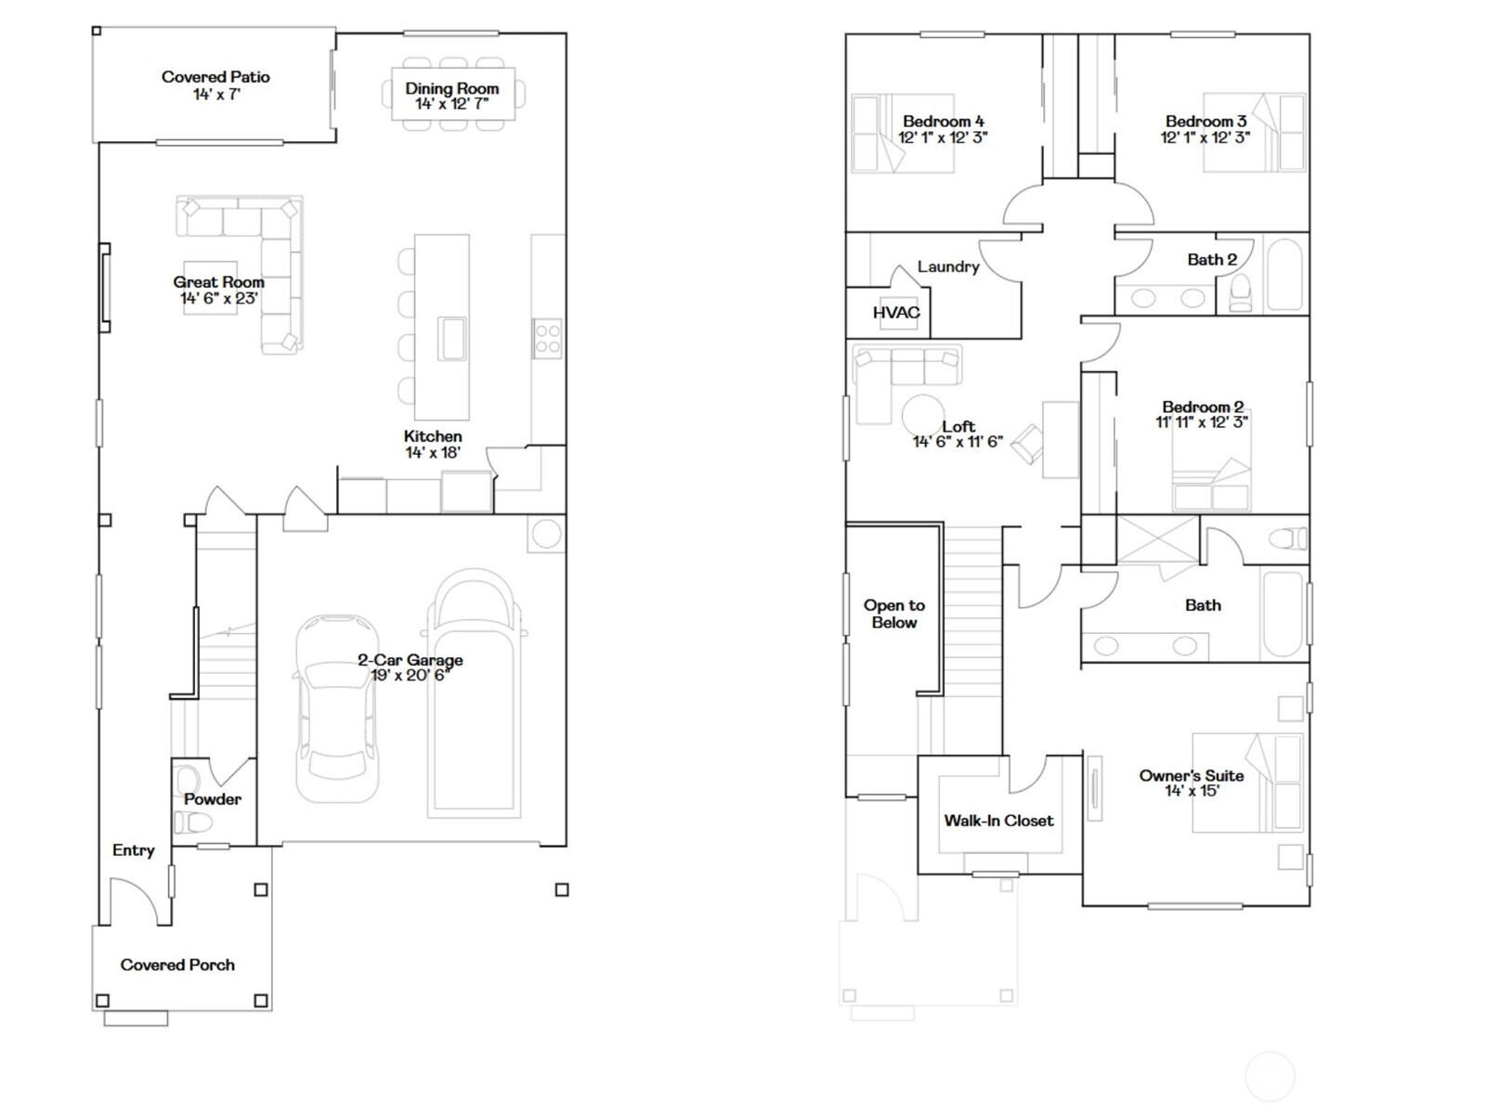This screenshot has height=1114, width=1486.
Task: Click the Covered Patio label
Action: pos(215,77)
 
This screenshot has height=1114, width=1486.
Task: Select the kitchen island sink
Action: pos(452,338)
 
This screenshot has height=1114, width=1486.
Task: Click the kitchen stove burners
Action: pos(547,338)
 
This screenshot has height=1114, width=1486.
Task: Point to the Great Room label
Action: pos(218,282)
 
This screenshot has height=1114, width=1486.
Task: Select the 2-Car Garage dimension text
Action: pos(410,676)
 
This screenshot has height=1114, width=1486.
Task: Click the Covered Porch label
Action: pos(177,965)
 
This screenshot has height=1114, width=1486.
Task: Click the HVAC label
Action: pos(896,313)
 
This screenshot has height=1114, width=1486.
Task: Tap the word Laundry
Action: pos(948,266)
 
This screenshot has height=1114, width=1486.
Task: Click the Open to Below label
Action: pos(893,614)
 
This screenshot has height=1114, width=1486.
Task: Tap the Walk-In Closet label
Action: pos(998,821)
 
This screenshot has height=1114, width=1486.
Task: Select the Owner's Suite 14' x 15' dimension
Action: pos(1192,791)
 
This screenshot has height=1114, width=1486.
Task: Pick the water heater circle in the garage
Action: pos(546,534)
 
